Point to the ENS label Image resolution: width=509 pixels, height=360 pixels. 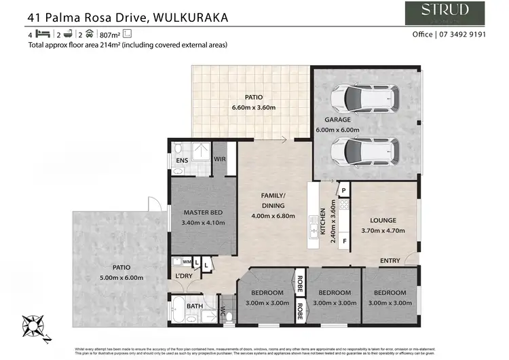(x=181, y=160)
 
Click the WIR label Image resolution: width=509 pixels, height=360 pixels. (x=219, y=160)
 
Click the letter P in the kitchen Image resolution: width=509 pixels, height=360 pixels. (x=343, y=191)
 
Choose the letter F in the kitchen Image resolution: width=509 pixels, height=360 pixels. (x=344, y=240)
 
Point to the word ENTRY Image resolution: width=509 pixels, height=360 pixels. (x=390, y=261)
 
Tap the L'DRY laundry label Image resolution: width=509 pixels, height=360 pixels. (x=183, y=275)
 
